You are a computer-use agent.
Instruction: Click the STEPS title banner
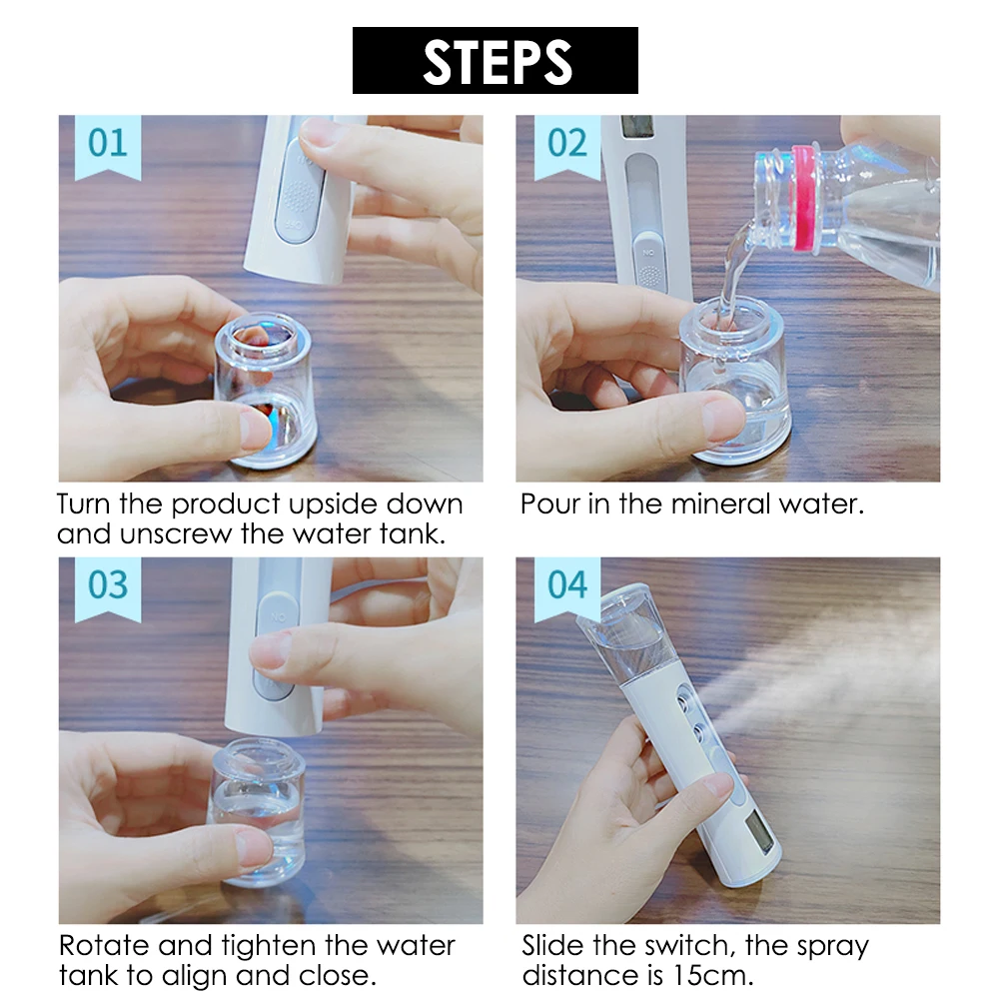click(495, 61)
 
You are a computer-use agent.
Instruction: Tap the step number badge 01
click(107, 144)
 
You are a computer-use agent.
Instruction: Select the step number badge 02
click(566, 144)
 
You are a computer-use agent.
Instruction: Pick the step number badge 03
click(107, 585)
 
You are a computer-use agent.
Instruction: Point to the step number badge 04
click(566, 585)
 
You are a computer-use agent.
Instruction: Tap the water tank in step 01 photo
click(267, 390)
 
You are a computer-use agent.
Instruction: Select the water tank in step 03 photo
click(258, 809)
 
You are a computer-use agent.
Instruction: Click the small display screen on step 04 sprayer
click(762, 831)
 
